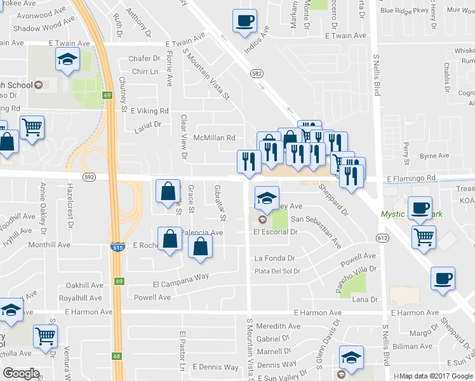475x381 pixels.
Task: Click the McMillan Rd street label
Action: pyautogui.click(x=214, y=138)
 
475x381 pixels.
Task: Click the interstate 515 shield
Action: pyautogui.click(x=117, y=246)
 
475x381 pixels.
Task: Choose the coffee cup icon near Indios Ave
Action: pyautogui.click(x=244, y=20)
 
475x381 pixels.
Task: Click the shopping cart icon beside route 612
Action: pyautogui.click(x=424, y=237)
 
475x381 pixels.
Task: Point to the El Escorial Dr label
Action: pyautogui.click(x=276, y=232)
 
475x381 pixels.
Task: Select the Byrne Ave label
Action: pyautogui.click(x=434, y=156)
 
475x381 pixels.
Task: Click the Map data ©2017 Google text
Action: pyautogui.click(x=436, y=376)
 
